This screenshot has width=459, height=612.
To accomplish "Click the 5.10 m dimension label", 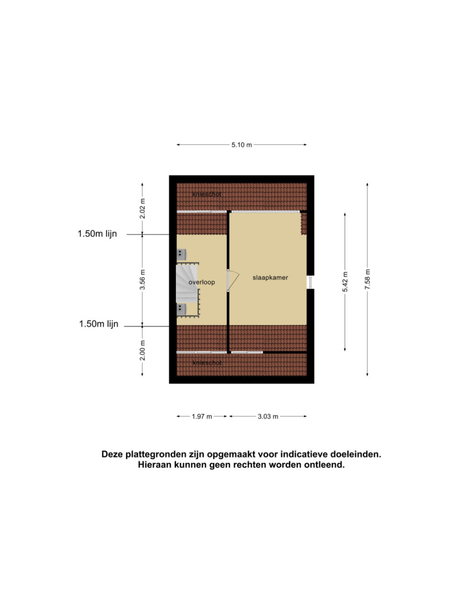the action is tap(241, 145).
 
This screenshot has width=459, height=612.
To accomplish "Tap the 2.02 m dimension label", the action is tap(142, 208).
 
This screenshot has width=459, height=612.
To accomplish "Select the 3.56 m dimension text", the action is tap(142, 279).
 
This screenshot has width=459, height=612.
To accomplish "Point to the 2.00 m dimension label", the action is tap(142, 350).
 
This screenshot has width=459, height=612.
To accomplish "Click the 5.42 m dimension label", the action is tap(345, 282).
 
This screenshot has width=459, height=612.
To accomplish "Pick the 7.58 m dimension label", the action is tap(367, 279).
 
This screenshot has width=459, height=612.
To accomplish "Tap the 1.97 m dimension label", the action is tap(202, 416).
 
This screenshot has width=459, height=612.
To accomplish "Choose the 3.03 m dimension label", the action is tap(268, 416).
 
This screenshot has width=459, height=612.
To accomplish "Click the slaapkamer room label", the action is tap(270, 277).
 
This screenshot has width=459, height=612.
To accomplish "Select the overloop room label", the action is tap(201, 282).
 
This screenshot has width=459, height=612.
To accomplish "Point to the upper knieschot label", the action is tap(207, 194).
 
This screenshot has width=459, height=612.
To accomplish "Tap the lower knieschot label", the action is tap(207, 363).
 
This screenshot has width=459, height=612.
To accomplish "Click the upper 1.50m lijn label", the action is tap(97, 234).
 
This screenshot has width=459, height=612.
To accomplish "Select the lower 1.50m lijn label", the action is tap(98, 324).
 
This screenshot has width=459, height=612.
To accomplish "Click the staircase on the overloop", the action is tap(187, 284).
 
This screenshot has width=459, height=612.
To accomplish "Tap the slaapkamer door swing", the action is tap(233, 281).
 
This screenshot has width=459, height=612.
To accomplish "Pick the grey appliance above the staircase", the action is tap(181, 254).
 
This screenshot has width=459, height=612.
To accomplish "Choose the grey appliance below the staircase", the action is tap(181, 309).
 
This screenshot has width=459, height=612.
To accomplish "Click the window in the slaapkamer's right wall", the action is tap(310, 282).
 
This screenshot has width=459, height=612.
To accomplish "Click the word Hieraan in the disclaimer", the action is tap(155, 465).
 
